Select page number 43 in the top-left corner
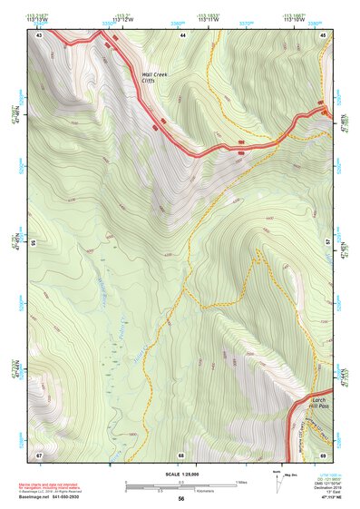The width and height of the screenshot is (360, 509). click(x=39, y=34)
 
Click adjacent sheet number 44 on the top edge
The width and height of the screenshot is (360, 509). click(x=182, y=34)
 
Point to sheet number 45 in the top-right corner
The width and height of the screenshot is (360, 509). click(x=324, y=34)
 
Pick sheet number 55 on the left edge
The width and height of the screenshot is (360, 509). click(x=32, y=244)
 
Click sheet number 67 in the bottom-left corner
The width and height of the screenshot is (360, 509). click(x=39, y=454)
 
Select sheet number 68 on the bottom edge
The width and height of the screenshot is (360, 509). click(x=181, y=454)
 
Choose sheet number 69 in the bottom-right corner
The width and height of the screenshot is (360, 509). click(x=324, y=454)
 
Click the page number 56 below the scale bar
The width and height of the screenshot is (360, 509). click(x=181, y=499)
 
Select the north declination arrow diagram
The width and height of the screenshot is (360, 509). click(x=275, y=483)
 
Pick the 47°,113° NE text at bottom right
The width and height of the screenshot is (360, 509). click(x=325, y=498)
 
